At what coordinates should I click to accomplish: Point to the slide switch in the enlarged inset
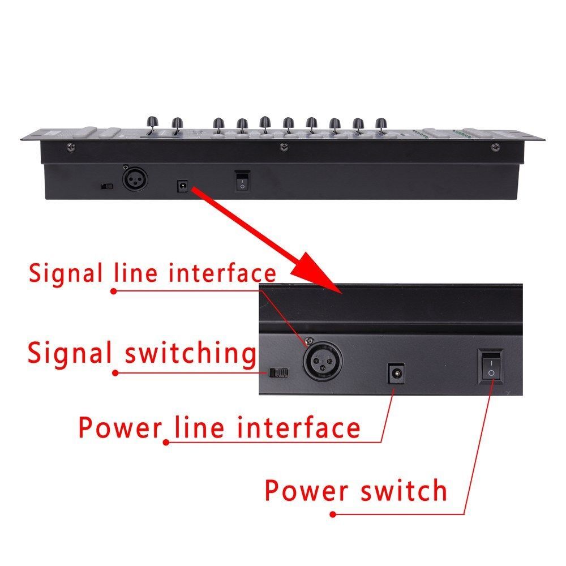pos(280,372)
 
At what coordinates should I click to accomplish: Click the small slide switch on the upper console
pos(106,185)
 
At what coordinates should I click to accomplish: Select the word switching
pos(190,354)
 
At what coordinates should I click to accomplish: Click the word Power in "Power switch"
pos(307,490)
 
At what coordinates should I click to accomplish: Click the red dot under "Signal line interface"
pos(114,291)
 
